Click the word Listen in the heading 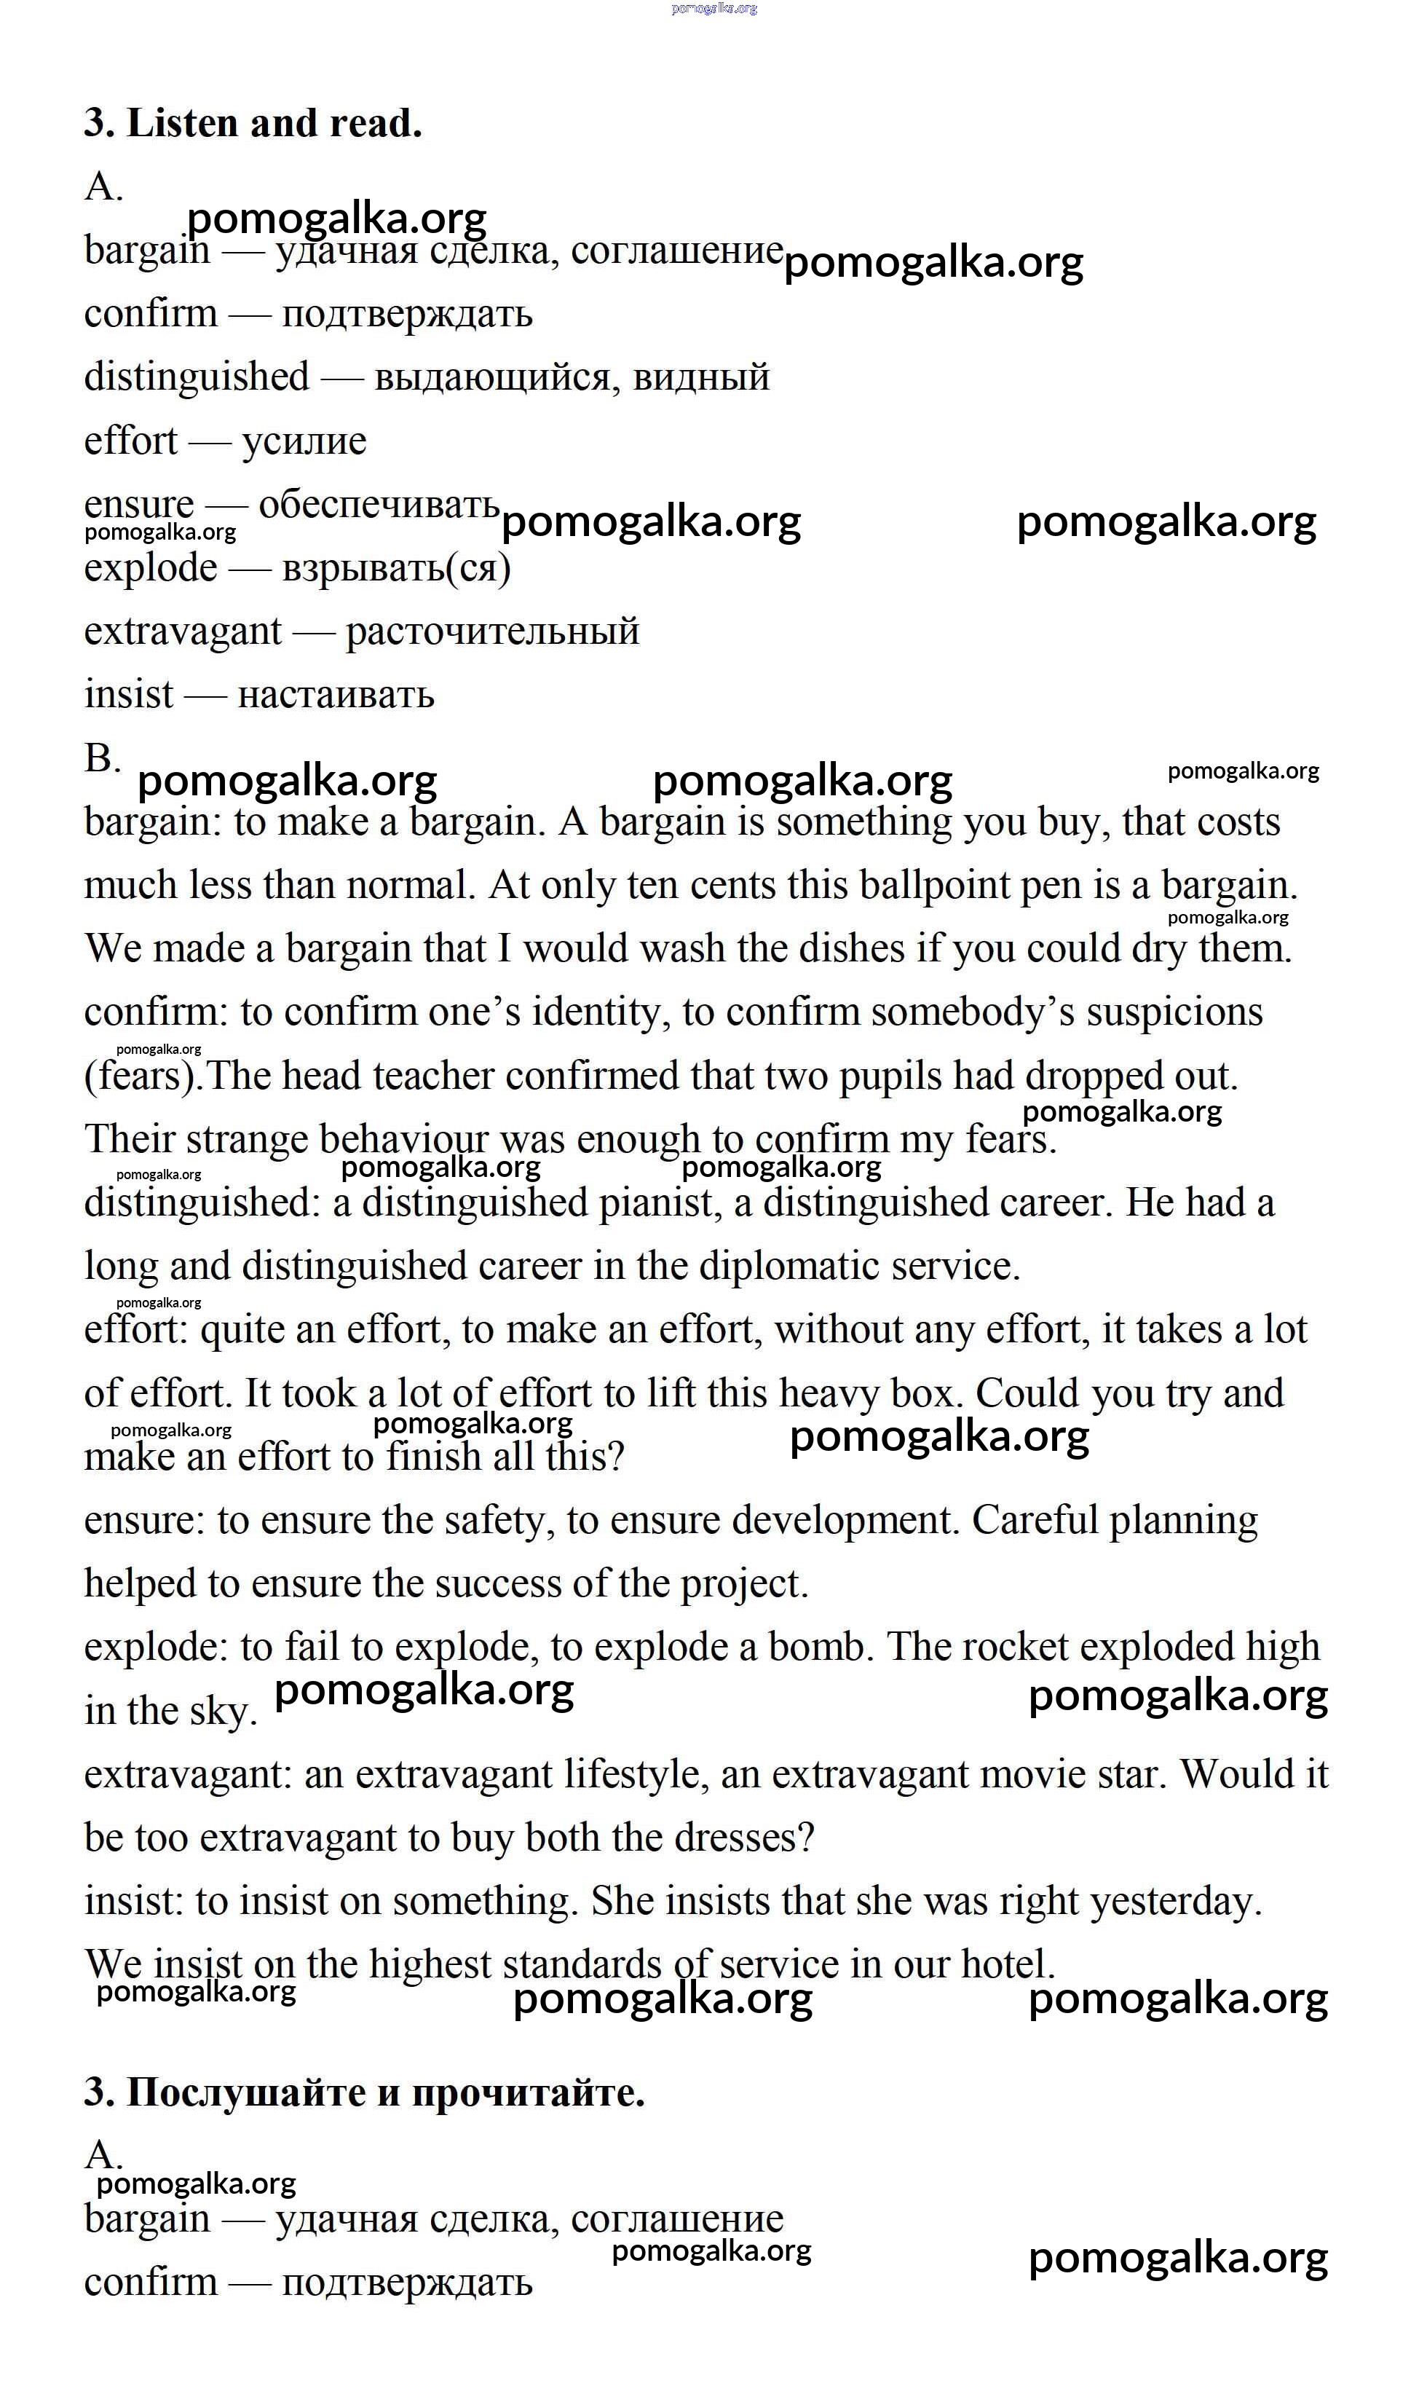click(180, 123)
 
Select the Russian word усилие click(304, 441)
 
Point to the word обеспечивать click(379, 504)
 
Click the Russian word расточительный click(492, 632)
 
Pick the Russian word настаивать click(336, 694)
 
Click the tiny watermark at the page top click(713, 8)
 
